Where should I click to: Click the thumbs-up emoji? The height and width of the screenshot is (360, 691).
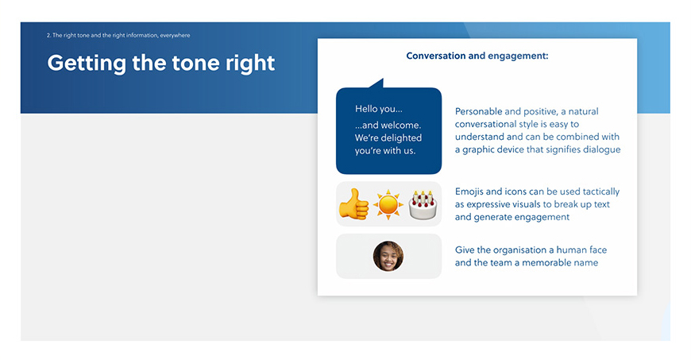click(x=354, y=203)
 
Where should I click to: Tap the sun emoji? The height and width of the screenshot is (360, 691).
click(x=388, y=204)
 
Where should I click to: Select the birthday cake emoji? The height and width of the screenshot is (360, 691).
click(x=423, y=205)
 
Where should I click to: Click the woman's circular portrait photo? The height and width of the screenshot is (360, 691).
click(x=388, y=256)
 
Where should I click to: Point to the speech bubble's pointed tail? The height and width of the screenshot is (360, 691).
click(x=376, y=83)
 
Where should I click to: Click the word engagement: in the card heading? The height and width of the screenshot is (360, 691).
click(x=518, y=56)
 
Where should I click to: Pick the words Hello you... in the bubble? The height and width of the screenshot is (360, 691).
click(x=379, y=109)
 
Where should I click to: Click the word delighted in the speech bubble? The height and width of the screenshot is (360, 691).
click(x=400, y=137)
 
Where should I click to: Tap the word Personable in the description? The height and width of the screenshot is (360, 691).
click(x=479, y=111)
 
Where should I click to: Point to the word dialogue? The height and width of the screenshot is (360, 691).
click(x=601, y=149)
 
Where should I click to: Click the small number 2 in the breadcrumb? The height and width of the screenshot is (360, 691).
click(x=48, y=35)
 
